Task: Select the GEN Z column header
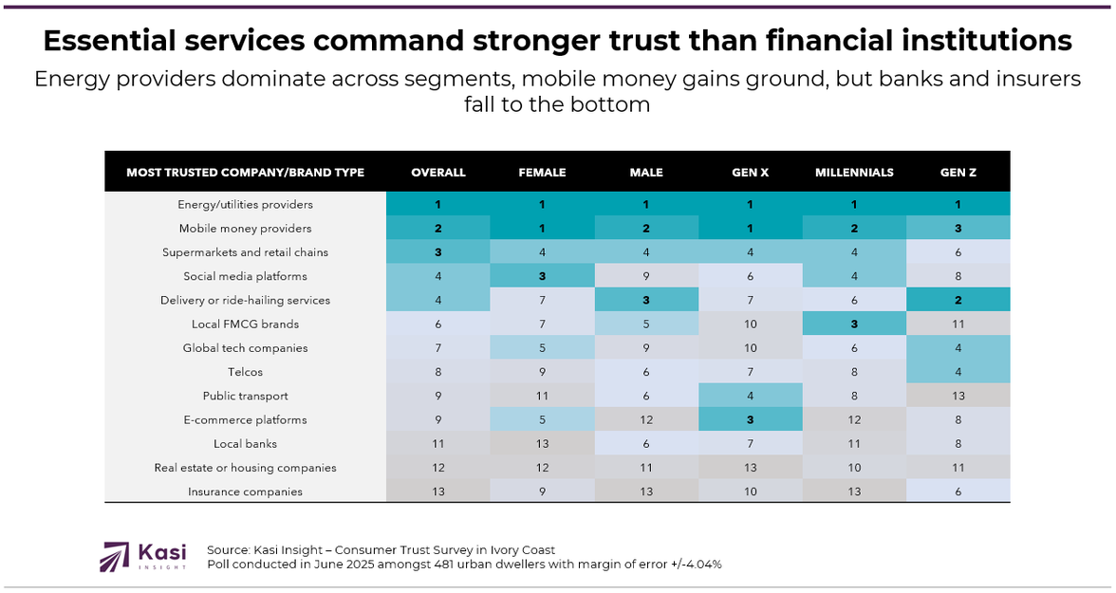coord(958,173)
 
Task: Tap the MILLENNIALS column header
coord(854,173)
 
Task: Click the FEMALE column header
coord(542,173)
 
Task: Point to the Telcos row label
coord(245,372)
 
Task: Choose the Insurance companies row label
coord(245,491)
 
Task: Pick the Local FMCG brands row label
coord(245,324)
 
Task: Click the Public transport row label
coord(245,396)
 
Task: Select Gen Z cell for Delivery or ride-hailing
coord(958,300)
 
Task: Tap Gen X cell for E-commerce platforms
coord(750,419)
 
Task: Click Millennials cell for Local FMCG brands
coord(854,324)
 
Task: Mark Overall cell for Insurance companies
coord(438,491)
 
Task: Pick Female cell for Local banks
coord(542,443)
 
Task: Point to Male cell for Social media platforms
coord(646,276)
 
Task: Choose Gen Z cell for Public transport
coord(958,396)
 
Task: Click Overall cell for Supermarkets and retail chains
coord(438,252)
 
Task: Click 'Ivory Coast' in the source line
coord(520,550)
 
